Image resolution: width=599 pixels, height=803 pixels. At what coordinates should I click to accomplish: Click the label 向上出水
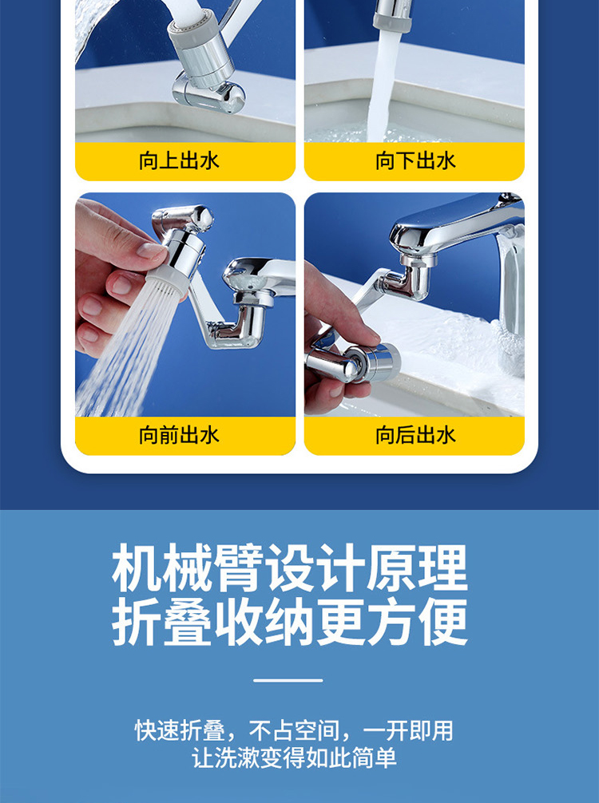tap(179, 160)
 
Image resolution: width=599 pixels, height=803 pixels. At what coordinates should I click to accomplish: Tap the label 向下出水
tap(415, 160)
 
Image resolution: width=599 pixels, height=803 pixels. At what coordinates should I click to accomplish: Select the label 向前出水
tap(179, 435)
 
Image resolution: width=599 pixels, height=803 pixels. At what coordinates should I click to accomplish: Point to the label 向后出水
tap(415, 435)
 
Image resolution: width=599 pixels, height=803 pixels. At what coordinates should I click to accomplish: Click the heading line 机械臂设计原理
tap(290, 568)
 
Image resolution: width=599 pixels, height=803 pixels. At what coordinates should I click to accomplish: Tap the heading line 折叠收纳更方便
tap(290, 622)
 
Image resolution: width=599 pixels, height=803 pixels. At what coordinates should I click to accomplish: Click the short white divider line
tap(288, 681)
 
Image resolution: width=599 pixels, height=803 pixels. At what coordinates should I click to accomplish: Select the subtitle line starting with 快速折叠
tap(294, 731)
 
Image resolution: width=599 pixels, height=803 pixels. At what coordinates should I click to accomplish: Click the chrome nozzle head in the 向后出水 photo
tap(374, 362)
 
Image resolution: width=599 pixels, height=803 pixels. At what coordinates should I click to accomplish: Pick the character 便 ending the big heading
tap(444, 622)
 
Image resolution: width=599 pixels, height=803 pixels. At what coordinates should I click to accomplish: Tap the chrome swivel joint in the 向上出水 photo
tap(208, 92)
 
